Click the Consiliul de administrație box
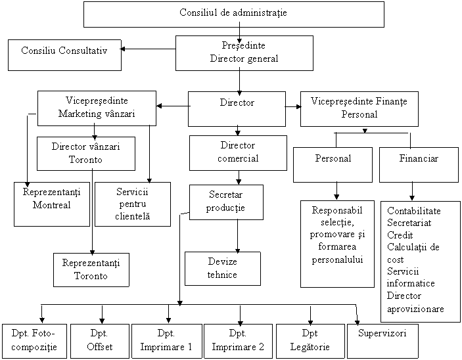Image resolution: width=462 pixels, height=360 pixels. pos(233,14)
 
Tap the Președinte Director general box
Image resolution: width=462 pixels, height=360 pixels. pos(244,53)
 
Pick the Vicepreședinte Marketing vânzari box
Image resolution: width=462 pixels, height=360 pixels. pos(97,108)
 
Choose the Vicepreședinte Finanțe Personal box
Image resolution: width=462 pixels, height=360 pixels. pos(359,108)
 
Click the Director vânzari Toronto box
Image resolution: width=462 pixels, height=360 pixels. pos(85,153)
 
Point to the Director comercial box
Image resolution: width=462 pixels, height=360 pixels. pos(238,152)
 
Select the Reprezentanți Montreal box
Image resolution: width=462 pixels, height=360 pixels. pos(51,204)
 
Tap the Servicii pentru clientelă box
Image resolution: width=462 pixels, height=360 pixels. pos(133,204)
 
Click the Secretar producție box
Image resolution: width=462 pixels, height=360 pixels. pos(226,202)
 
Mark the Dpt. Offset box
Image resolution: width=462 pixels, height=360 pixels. pos(100,340)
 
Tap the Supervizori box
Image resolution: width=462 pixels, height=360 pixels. pos(382,334)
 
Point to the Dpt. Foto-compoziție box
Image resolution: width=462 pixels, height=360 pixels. pos(34,340)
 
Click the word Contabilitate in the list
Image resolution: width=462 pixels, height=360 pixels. pos(414,211)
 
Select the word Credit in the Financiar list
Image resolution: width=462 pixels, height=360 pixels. pos(400,235)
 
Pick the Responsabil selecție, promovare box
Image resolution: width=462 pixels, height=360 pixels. pos(337,243)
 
